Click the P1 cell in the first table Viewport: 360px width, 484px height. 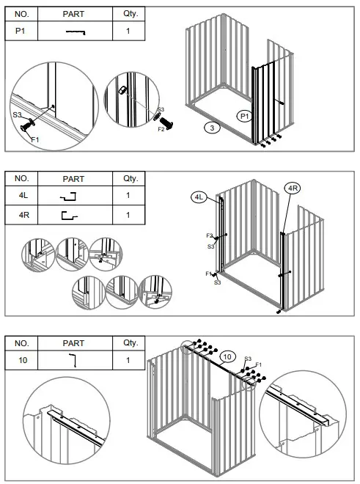(x=21, y=32)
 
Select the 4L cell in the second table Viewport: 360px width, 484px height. (x=21, y=196)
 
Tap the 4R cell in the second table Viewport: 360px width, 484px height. (x=21, y=215)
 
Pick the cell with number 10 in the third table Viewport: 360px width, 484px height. (x=21, y=360)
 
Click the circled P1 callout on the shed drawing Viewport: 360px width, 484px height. (x=245, y=116)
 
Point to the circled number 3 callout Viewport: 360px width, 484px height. (x=212, y=128)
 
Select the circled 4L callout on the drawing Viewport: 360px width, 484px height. (x=199, y=197)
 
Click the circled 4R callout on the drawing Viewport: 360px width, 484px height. (x=293, y=188)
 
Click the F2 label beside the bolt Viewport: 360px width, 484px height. (x=161, y=129)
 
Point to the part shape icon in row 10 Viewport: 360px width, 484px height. (x=73, y=360)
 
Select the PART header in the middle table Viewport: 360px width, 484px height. (x=74, y=178)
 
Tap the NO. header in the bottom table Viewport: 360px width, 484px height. (x=21, y=342)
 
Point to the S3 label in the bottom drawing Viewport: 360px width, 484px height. (x=248, y=358)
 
